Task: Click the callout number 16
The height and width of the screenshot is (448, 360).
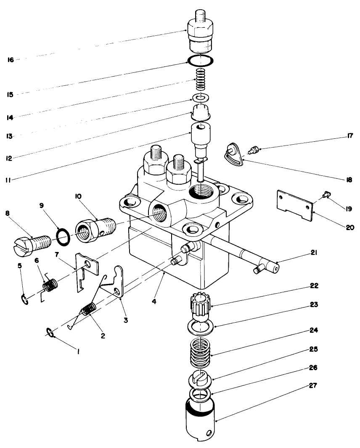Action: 10,60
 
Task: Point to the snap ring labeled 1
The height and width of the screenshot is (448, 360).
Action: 50,333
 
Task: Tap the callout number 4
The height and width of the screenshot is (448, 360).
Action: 154,302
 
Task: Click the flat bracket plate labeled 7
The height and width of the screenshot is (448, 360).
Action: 87,275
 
